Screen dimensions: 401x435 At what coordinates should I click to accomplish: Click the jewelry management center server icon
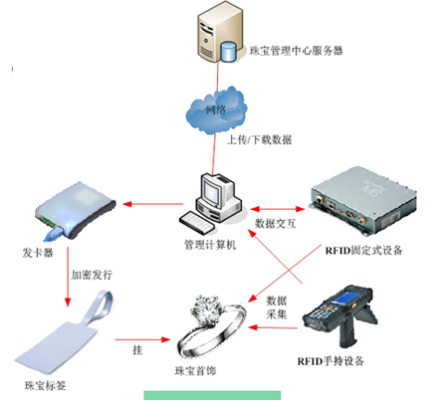coord(216,37)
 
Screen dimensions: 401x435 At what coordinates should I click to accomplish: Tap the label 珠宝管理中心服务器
coord(290,52)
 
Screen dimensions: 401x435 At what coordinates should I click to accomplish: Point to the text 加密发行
coord(94,276)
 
